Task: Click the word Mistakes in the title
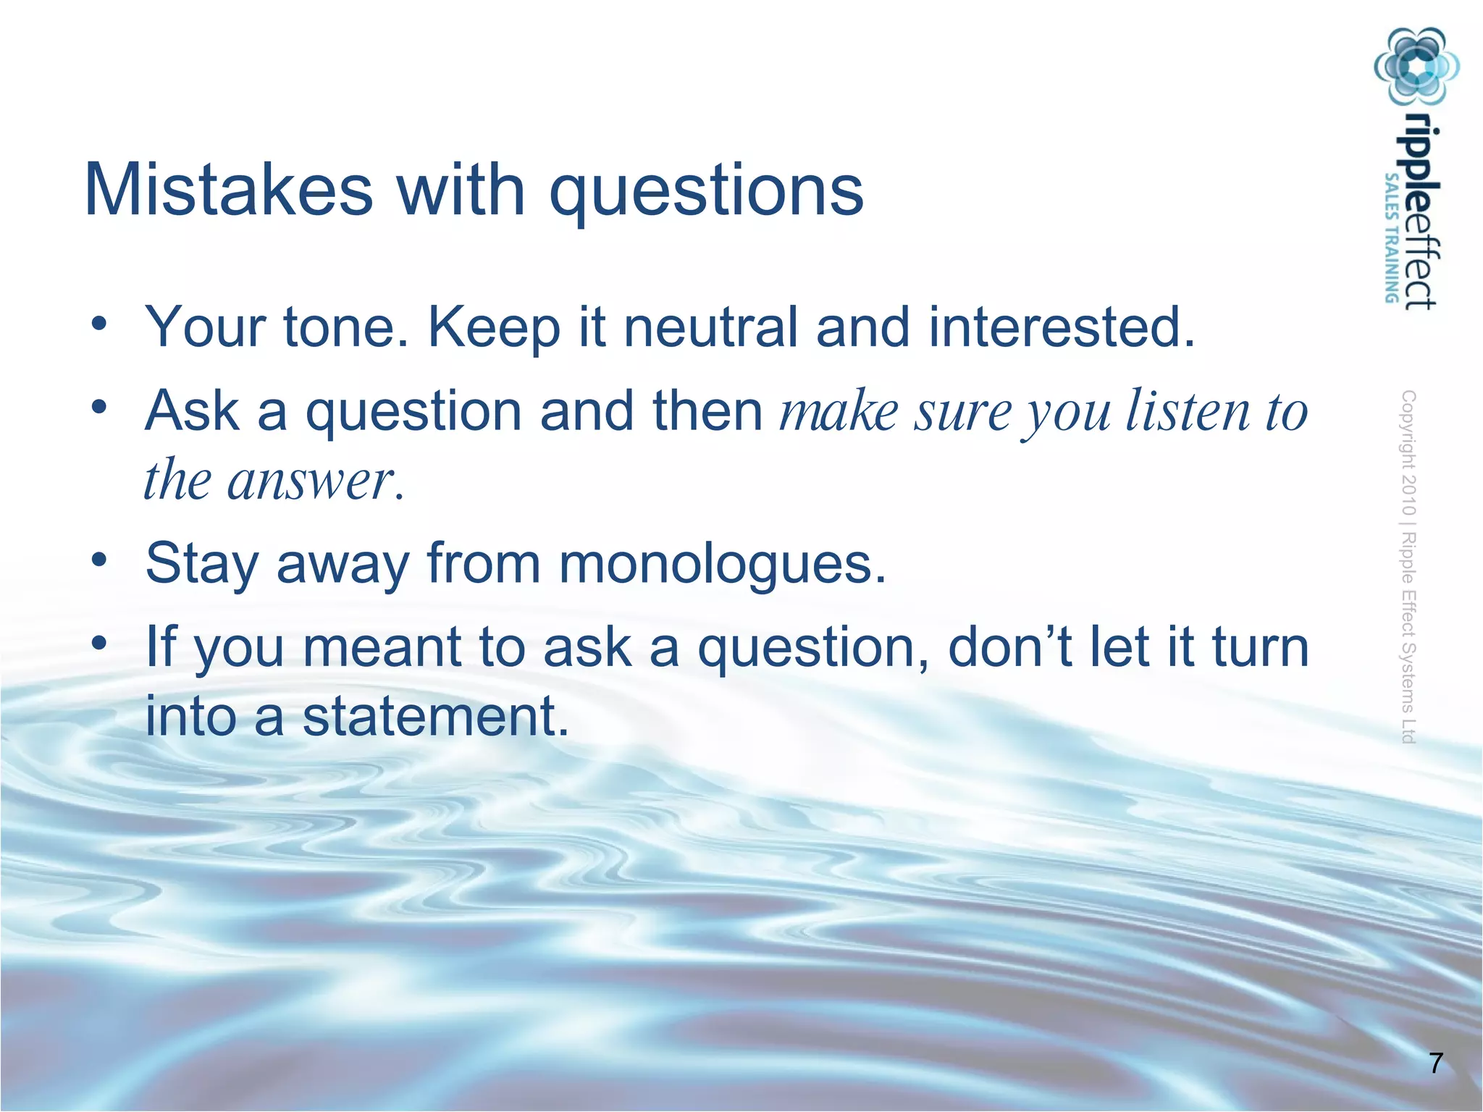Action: [x=228, y=190]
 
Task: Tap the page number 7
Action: [x=1436, y=1063]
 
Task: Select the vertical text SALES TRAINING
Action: [x=1391, y=237]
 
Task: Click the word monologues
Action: [x=722, y=564]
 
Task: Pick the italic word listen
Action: [x=1188, y=410]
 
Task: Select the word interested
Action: [x=1061, y=327]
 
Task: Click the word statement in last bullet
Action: [x=435, y=716]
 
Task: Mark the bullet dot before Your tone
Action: [x=99, y=323]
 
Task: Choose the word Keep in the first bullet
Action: [x=494, y=327]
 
